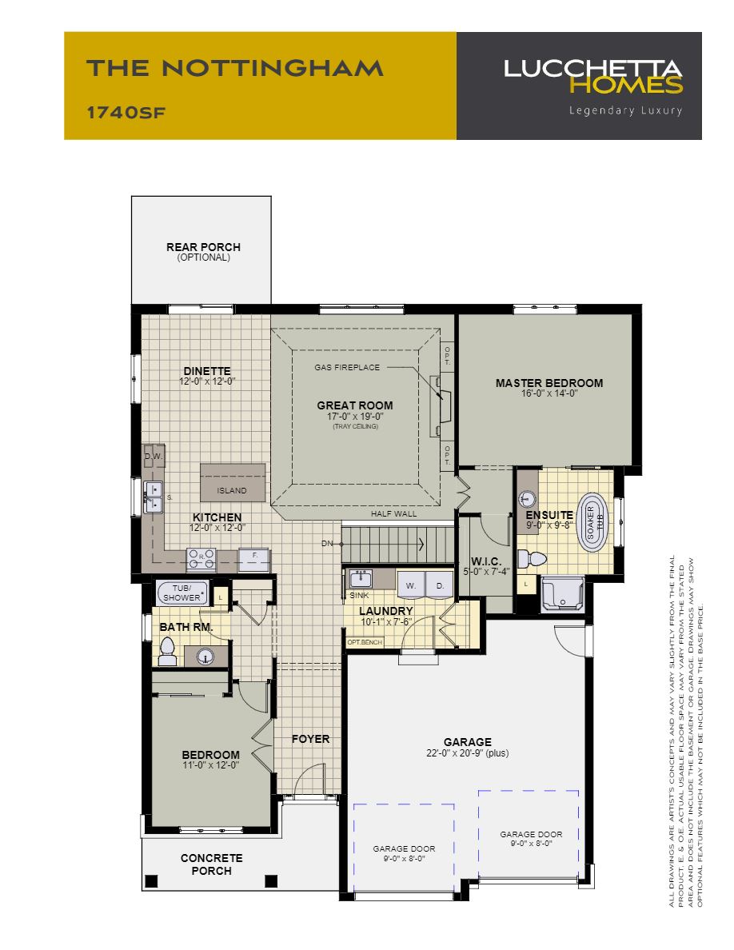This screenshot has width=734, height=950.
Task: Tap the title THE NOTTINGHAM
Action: (x=235, y=69)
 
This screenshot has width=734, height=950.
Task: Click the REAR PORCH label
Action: (x=203, y=248)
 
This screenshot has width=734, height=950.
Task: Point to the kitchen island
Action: (x=232, y=481)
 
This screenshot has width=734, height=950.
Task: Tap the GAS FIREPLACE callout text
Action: (x=347, y=368)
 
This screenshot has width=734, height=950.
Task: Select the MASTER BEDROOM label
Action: (x=549, y=383)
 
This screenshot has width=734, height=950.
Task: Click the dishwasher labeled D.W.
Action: (x=153, y=456)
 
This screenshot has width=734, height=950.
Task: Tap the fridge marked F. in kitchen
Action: (x=254, y=555)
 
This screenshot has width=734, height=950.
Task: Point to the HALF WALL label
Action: (x=393, y=514)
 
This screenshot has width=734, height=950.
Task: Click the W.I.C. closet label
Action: (x=485, y=561)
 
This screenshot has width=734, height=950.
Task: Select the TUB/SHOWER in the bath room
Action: (x=180, y=592)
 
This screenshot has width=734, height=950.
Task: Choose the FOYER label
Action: (x=310, y=739)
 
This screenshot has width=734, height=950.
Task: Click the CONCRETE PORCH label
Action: (x=211, y=864)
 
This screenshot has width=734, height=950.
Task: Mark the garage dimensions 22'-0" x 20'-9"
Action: (x=468, y=753)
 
